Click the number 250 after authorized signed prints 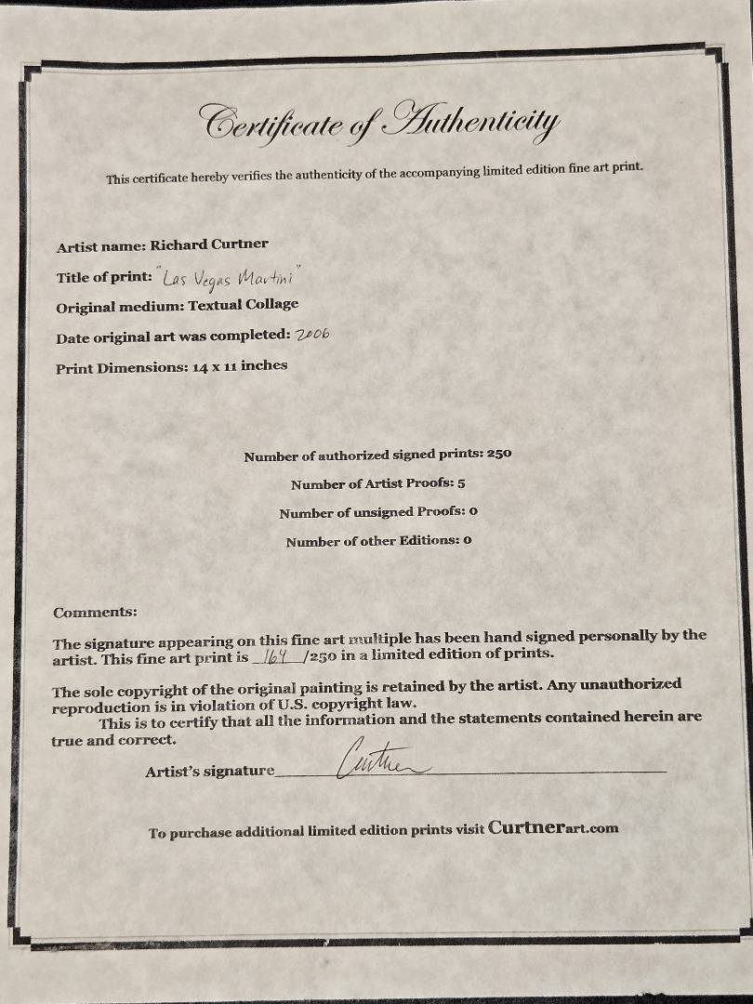[x=499, y=456]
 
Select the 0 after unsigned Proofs [x=474, y=512]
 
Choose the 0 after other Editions [x=468, y=541]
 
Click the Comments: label [x=95, y=613]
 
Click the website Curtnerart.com [x=552, y=828]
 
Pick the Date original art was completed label [x=173, y=338]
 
